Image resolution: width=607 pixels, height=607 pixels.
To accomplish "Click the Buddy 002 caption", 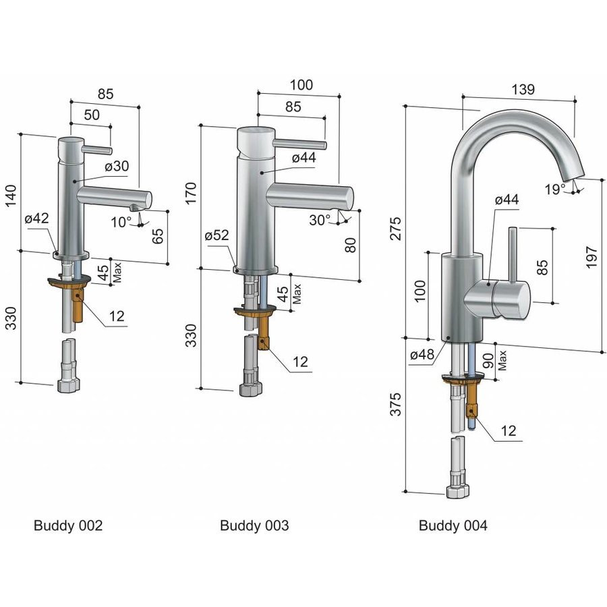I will tap(68, 525).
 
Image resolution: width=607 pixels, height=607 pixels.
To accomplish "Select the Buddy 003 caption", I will tap(254, 525).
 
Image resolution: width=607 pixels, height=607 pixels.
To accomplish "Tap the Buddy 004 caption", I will tap(453, 525).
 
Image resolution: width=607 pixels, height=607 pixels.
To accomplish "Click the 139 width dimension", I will tap(523, 89).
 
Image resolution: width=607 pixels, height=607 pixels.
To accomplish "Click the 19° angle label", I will tap(556, 190).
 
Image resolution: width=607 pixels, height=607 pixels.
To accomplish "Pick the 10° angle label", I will tap(121, 221).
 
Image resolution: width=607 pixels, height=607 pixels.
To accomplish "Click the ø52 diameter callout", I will tap(217, 235).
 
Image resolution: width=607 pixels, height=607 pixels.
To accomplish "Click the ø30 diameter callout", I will tap(117, 166).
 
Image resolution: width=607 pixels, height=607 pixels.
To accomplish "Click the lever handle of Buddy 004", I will tap(512, 257).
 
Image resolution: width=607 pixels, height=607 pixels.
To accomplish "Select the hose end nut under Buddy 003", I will tap(250, 389).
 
